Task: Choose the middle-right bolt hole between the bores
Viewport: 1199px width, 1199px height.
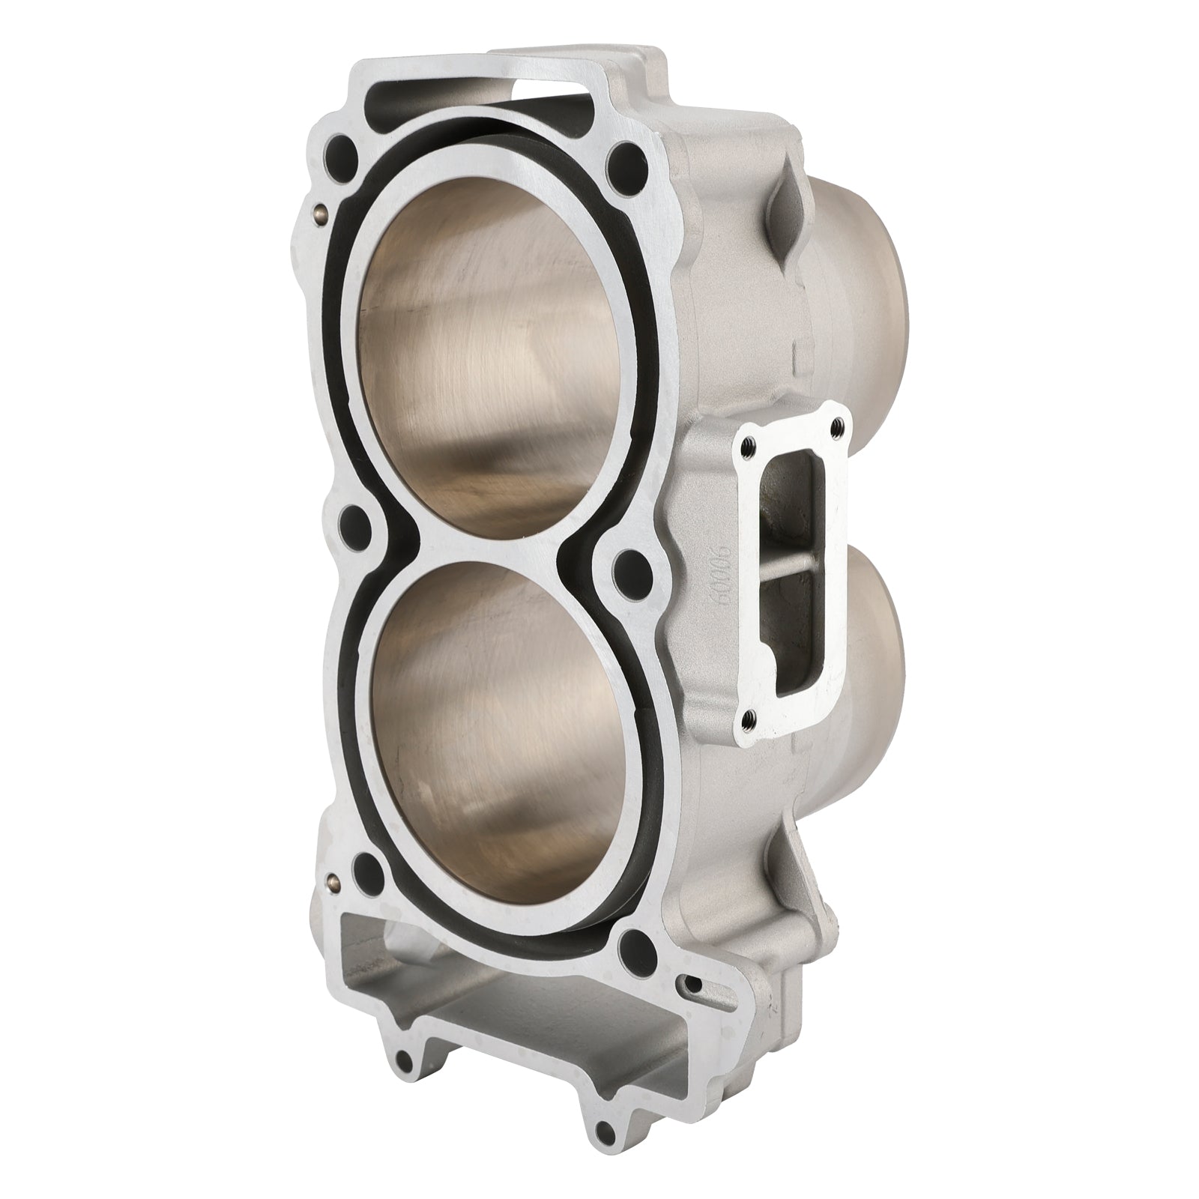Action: (628, 564)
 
